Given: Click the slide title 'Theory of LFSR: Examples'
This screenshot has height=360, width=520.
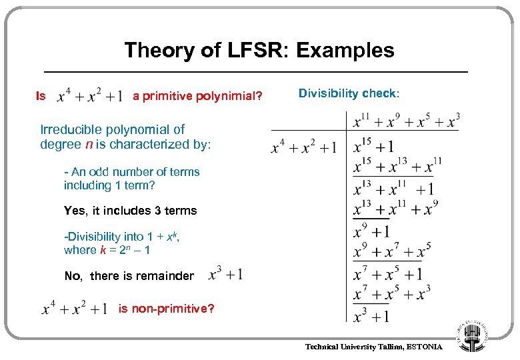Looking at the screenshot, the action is [x=259, y=50].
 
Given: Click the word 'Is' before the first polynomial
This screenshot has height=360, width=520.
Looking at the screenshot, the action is [x=41, y=96].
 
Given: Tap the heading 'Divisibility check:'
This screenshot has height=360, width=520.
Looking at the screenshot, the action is [x=348, y=93].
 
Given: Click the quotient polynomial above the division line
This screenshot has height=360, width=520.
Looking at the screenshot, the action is [x=406, y=121].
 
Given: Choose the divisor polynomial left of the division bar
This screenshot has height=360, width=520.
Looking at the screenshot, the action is [x=303, y=147].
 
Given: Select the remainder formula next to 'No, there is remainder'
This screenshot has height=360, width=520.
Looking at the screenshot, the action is [x=225, y=274].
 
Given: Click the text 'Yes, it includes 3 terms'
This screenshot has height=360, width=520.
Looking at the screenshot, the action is [x=130, y=211].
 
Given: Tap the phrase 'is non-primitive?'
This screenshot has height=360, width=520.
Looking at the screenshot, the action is [x=166, y=309].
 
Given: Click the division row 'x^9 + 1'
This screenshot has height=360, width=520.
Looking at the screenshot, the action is [x=371, y=231].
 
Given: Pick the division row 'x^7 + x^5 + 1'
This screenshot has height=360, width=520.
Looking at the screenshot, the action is [x=387, y=273].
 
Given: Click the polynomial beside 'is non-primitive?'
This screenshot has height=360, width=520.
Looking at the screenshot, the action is [x=74, y=309].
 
